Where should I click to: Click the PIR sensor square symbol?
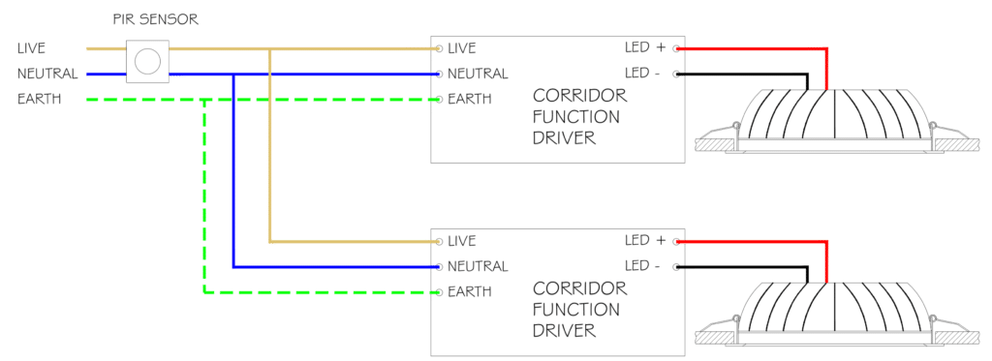148,61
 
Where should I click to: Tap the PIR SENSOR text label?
156,19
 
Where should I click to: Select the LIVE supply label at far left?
32,48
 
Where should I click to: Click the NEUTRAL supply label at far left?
48,74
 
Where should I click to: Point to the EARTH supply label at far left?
40,100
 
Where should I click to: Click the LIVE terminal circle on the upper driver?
439,48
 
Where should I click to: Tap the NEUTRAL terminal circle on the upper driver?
439,74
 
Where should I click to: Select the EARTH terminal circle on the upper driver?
439,100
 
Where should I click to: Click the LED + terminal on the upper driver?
676,48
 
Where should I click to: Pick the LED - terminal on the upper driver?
676,74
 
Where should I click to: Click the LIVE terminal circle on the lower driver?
439,242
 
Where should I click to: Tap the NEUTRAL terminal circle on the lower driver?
439,267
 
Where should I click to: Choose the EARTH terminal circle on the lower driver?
439,292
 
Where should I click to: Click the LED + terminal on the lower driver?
676,242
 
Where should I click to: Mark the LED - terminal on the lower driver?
676,267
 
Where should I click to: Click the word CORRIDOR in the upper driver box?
579,96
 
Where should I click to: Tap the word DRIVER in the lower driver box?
565,331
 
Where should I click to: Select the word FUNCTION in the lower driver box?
575,310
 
